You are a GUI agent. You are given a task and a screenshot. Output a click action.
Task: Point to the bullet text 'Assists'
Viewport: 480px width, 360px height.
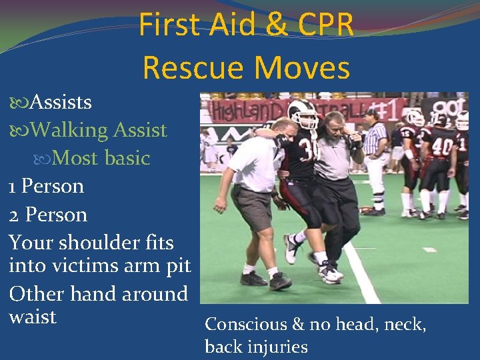(61, 102)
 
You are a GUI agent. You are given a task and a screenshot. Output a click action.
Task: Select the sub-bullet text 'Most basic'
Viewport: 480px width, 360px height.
(101, 158)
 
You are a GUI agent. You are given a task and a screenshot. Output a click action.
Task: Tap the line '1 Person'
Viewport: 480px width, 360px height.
(47, 186)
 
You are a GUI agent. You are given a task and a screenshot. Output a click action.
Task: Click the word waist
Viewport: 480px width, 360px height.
(33, 316)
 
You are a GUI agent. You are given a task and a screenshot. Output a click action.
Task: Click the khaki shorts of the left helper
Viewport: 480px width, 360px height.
(251, 207)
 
